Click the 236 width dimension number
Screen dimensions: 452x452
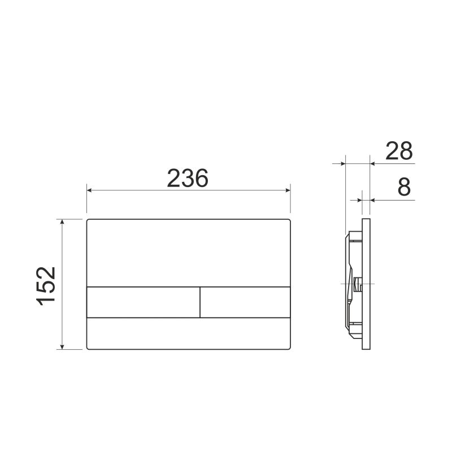[188, 178]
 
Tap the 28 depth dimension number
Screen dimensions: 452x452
[399, 151]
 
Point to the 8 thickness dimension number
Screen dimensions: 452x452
[403, 187]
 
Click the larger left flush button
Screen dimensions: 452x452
[143, 302]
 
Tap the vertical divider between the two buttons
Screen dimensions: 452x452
[200, 302]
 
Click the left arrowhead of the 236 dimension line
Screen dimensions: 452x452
[90, 190]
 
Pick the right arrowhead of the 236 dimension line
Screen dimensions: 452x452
[286, 190]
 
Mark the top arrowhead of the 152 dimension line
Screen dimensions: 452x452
[63, 222]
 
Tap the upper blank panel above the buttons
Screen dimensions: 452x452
[189, 253]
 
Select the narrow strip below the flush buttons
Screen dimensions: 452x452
[189, 333]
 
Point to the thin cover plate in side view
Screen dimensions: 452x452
[366, 282]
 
